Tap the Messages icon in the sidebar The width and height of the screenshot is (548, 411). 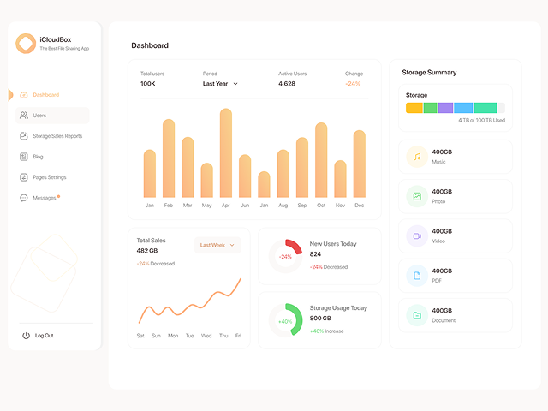pyautogui.click(x=24, y=198)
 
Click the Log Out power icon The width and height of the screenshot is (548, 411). pyautogui.click(x=26, y=336)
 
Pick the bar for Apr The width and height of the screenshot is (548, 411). pyautogui.click(x=226, y=153)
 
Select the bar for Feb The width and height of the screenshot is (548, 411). pyautogui.click(x=169, y=158)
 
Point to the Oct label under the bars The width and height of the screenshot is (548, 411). pyautogui.click(x=321, y=205)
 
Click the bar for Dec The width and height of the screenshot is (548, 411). pyautogui.click(x=360, y=164)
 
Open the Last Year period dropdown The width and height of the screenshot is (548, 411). pyautogui.click(x=220, y=84)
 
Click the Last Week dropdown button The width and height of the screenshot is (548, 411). pyautogui.click(x=217, y=245)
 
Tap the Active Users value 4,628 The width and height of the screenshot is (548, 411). pyautogui.click(x=287, y=84)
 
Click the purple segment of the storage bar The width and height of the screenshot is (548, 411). pyautogui.click(x=445, y=108)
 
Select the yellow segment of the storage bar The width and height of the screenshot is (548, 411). pyautogui.click(x=414, y=108)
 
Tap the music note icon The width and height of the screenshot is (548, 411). pyautogui.click(x=417, y=157)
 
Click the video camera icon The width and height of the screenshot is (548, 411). pyautogui.click(x=417, y=236)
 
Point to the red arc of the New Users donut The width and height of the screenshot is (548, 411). pyautogui.click(x=295, y=246)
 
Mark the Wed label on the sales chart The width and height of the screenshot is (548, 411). pyautogui.click(x=206, y=336)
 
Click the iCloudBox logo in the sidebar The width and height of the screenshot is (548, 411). pyautogui.click(x=26, y=44)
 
